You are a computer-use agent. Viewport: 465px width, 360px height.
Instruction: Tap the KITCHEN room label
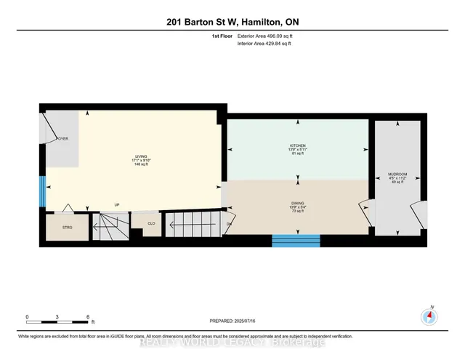298,145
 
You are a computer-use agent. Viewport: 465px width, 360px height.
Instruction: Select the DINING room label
298,204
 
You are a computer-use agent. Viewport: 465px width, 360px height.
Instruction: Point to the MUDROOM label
397,175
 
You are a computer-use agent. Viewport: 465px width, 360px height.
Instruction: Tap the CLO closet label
152,224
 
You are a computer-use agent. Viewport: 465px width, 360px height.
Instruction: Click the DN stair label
230,223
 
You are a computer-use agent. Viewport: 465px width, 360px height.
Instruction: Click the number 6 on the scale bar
88,317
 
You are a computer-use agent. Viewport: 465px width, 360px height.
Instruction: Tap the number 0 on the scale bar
27,317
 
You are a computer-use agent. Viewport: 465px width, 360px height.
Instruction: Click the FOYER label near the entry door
63,138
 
